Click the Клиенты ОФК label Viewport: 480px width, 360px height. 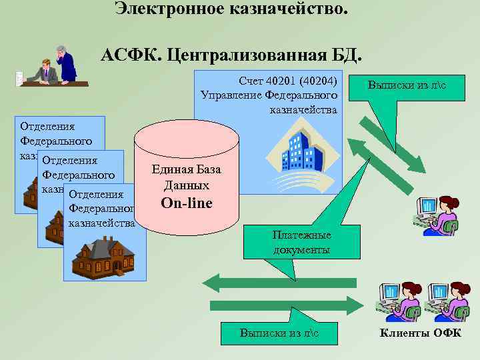click(420, 333)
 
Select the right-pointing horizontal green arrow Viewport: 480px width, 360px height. click(287, 305)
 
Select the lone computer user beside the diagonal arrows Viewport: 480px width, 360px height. click(435, 215)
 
